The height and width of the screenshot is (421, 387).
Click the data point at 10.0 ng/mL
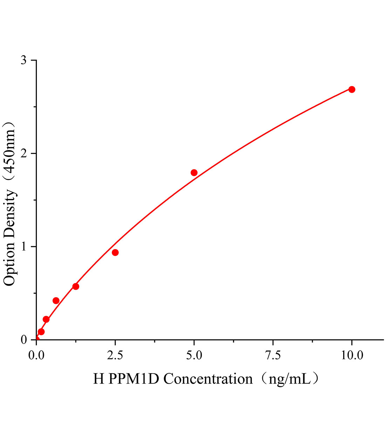pyautogui.click(x=352, y=89)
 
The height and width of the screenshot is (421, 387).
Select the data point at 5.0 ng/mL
pyautogui.click(x=194, y=173)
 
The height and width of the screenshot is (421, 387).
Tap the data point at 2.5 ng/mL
pyautogui.click(x=115, y=253)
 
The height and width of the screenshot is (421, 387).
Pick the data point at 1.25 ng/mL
pyautogui.click(x=76, y=286)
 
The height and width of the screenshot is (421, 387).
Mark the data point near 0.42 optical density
pyautogui.click(x=56, y=301)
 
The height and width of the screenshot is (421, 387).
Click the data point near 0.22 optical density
pyautogui.click(x=46, y=319)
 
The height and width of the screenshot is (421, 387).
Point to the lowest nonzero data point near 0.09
pyautogui.click(x=41, y=332)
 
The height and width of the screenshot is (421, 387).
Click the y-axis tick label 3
pyautogui.click(x=23, y=60)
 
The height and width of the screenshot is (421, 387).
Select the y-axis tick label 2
pyautogui.click(x=23, y=154)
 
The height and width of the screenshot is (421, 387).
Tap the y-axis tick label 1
pyautogui.click(x=23, y=247)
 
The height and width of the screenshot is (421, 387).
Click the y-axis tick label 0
pyautogui.click(x=23, y=340)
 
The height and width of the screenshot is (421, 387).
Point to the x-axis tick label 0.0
pyautogui.click(x=36, y=355)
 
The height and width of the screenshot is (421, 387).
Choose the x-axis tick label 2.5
pyautogui.click(x=115, y=355)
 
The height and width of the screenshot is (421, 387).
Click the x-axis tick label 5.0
pyautogui.click(x=194, y=355)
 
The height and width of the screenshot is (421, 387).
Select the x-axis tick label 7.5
pyautogui.click(x=273, y=355)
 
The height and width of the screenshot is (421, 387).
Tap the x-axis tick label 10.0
pyautogui.click(x=352, y=355)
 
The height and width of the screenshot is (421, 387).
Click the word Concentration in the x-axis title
pyautogui.click(x=208, y=379)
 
